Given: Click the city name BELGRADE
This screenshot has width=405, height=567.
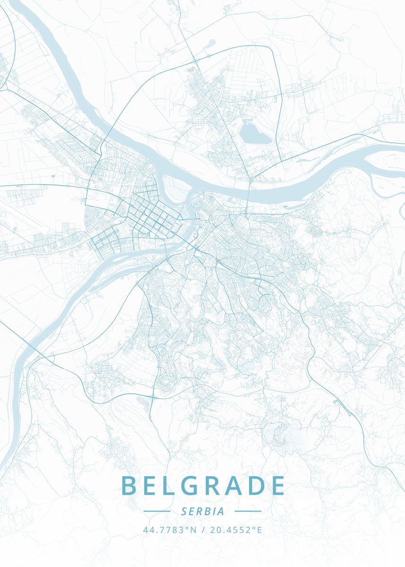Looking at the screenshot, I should point(203,486).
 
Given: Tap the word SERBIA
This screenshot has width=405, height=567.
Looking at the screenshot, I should point(202,511).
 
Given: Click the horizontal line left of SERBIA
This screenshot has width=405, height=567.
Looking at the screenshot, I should point(156,511).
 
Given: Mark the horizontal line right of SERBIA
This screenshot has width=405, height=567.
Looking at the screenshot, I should point(248,511).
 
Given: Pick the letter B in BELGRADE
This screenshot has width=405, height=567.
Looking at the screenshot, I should point(129,486).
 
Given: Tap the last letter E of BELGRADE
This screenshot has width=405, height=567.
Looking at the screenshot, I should point(278,486).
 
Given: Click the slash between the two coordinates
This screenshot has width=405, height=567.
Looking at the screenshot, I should point(203,530).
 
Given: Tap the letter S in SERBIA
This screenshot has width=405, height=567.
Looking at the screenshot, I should point(183,511).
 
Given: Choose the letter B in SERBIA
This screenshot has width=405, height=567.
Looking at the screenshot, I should point(207,511).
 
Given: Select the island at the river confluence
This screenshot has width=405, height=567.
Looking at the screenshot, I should point(175,187).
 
